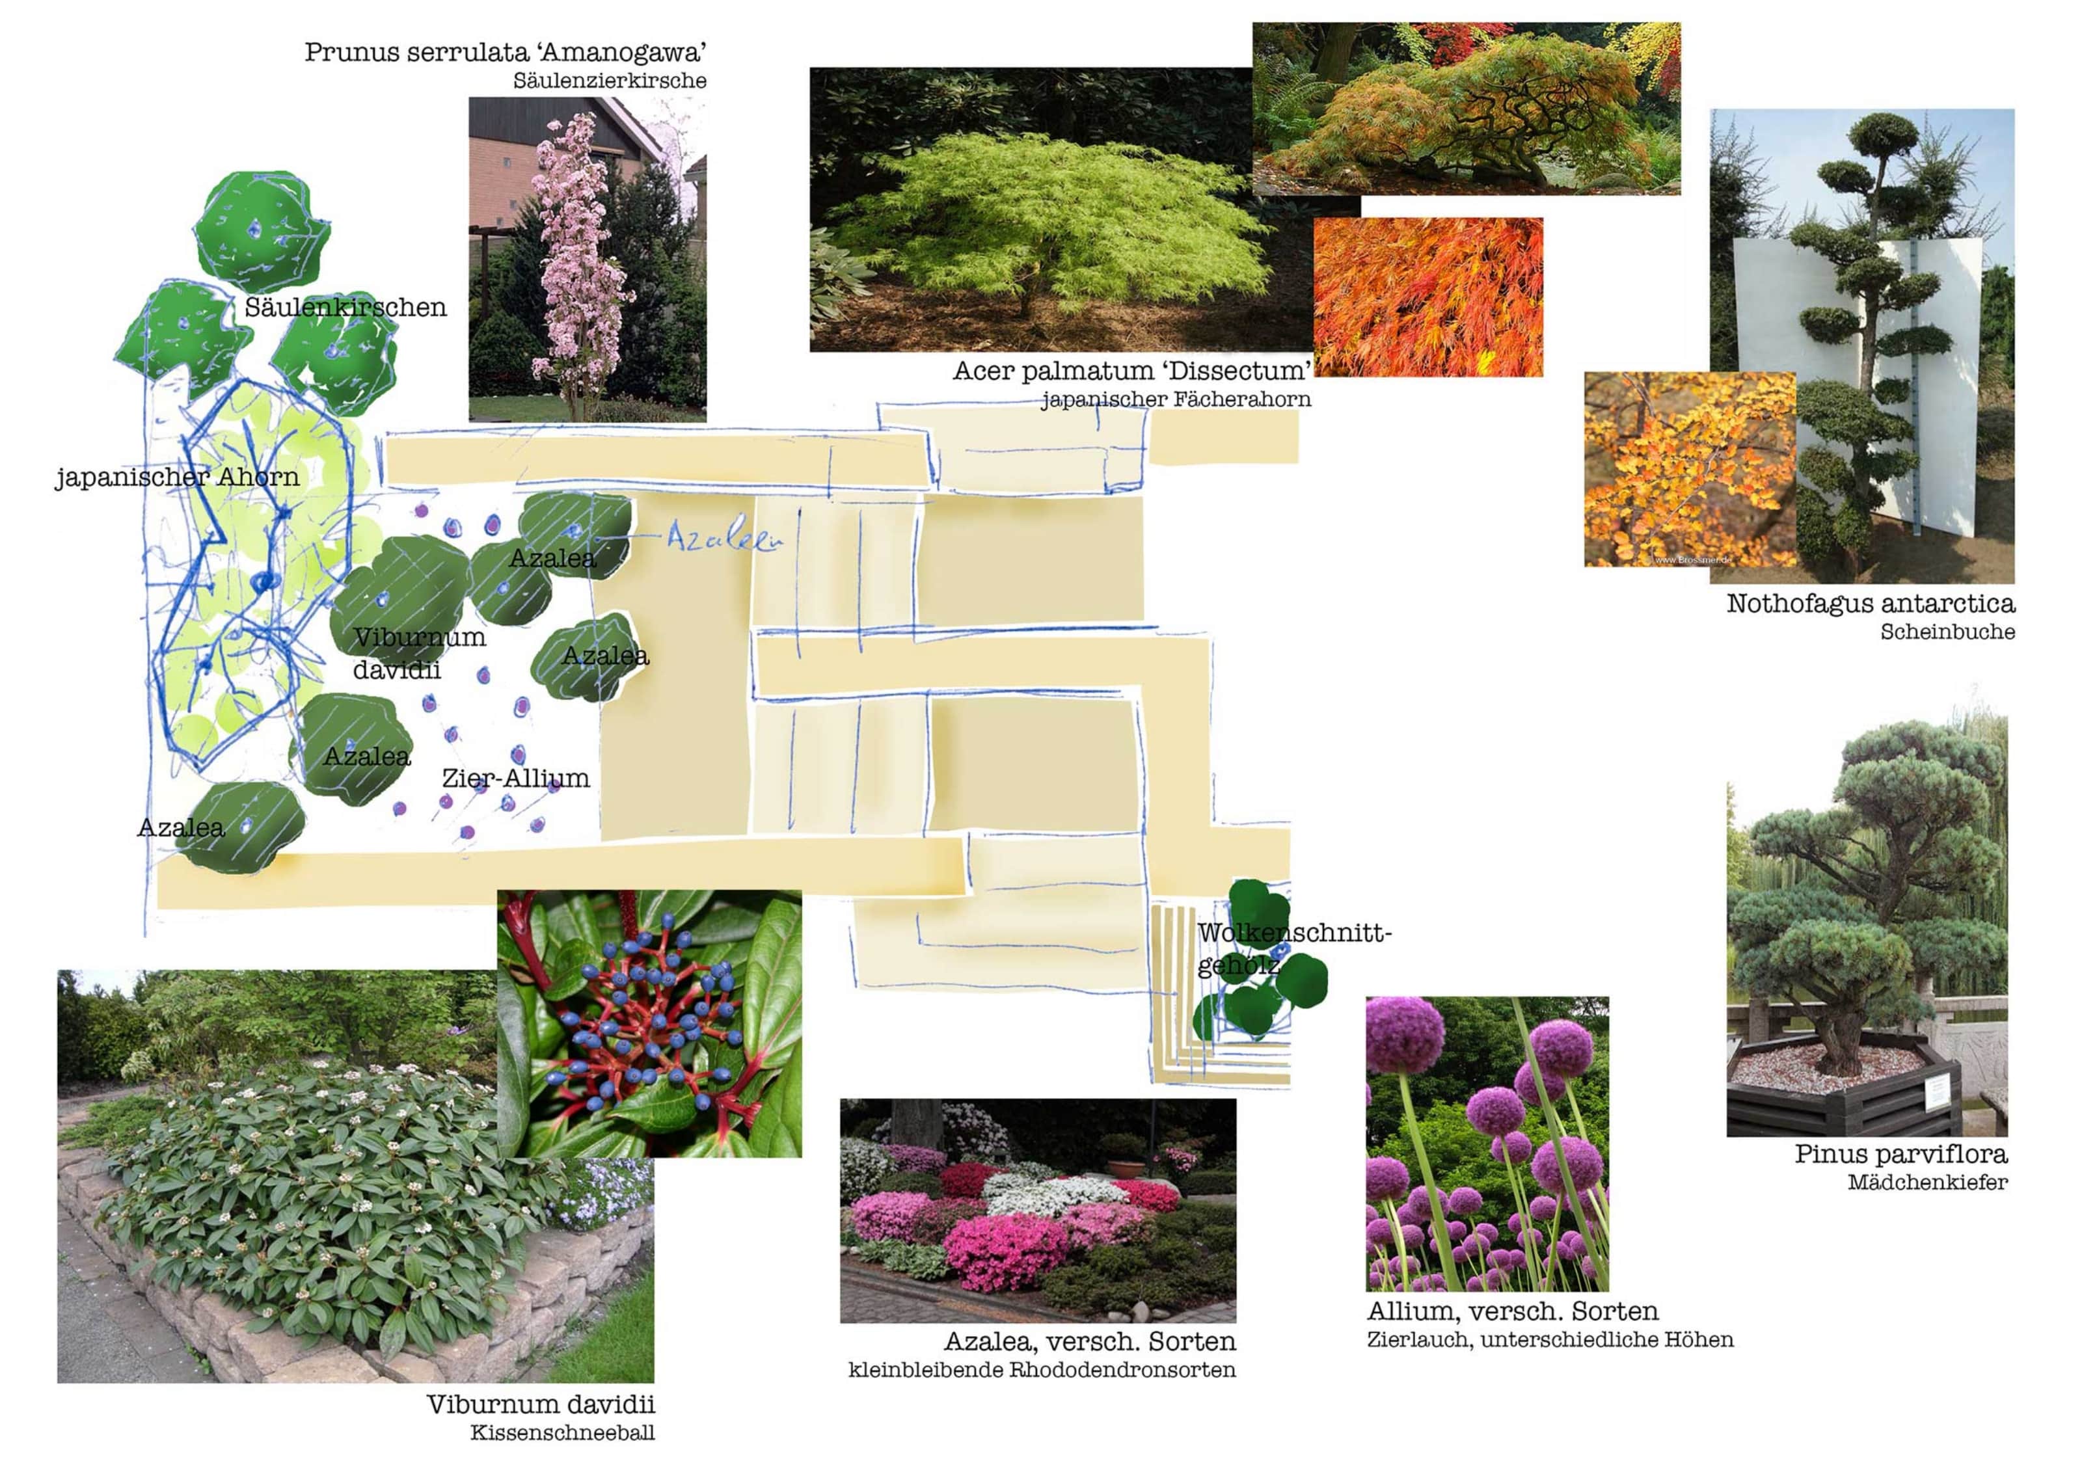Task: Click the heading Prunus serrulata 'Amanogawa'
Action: pyautogui.click(x=505, y=53)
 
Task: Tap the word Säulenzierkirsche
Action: pyautogui.click(x=610, y=81)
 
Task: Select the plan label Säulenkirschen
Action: pyautogui.click(x=345, y=307)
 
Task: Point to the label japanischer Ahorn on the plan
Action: pyautogui.click(x=177, y=477)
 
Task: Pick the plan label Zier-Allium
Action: pyautogui.click(x=515, y=778)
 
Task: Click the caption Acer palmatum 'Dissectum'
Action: pyautogui.click(x=1131, y=371)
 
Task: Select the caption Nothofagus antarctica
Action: pyautogui.click(x=1871, y=604)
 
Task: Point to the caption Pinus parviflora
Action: pyautogui.click(x=1900, y=1154)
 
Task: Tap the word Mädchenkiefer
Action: pyautogui.click(x=1928, y=1182)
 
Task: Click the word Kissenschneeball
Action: pyautogui.click(x=562, y=1433)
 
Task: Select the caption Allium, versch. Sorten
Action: pyautogui.click(x=1513, y=1311)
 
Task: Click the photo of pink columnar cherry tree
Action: pyautogui.click(x=587, y=260)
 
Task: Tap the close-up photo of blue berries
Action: pyautogui.click(x=649, y=1023)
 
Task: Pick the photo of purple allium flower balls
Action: pyautogui.click(x=1487, y=1144)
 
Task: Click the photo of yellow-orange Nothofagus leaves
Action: pyautogui.click(x=1690, y=470)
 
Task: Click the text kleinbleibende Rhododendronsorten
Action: pyautogui.click(x=1042, y=1370)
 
